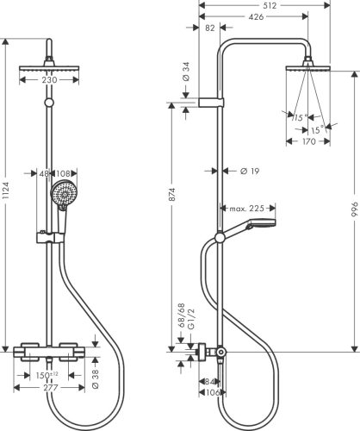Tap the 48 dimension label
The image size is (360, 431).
(45, 172)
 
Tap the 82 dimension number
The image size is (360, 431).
(212, 29)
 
